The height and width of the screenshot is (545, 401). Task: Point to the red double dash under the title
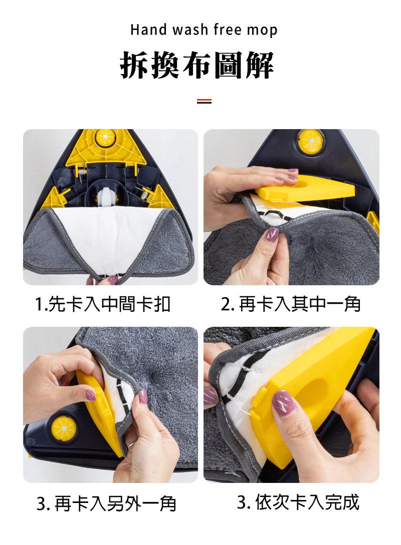[204, 101]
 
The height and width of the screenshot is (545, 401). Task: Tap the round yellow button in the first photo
[106, 136]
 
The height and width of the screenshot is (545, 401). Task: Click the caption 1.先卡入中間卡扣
[103, 303]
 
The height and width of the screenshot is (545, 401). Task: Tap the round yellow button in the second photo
[311, 141]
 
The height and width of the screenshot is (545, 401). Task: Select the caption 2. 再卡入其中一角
[291, 303]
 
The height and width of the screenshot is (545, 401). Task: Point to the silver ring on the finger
[129, 443]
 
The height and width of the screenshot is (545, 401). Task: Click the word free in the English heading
[229, 30]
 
